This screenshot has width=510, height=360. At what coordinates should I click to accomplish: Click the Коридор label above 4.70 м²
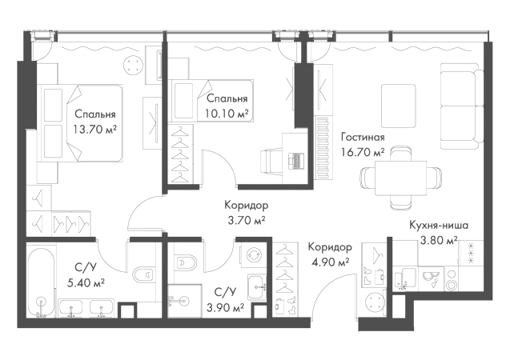point(329,249)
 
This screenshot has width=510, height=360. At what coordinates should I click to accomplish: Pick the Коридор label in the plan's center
point(244,206)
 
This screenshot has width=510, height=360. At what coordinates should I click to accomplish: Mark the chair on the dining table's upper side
point(398,150)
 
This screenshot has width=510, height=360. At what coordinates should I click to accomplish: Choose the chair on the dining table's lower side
point(397,202)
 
